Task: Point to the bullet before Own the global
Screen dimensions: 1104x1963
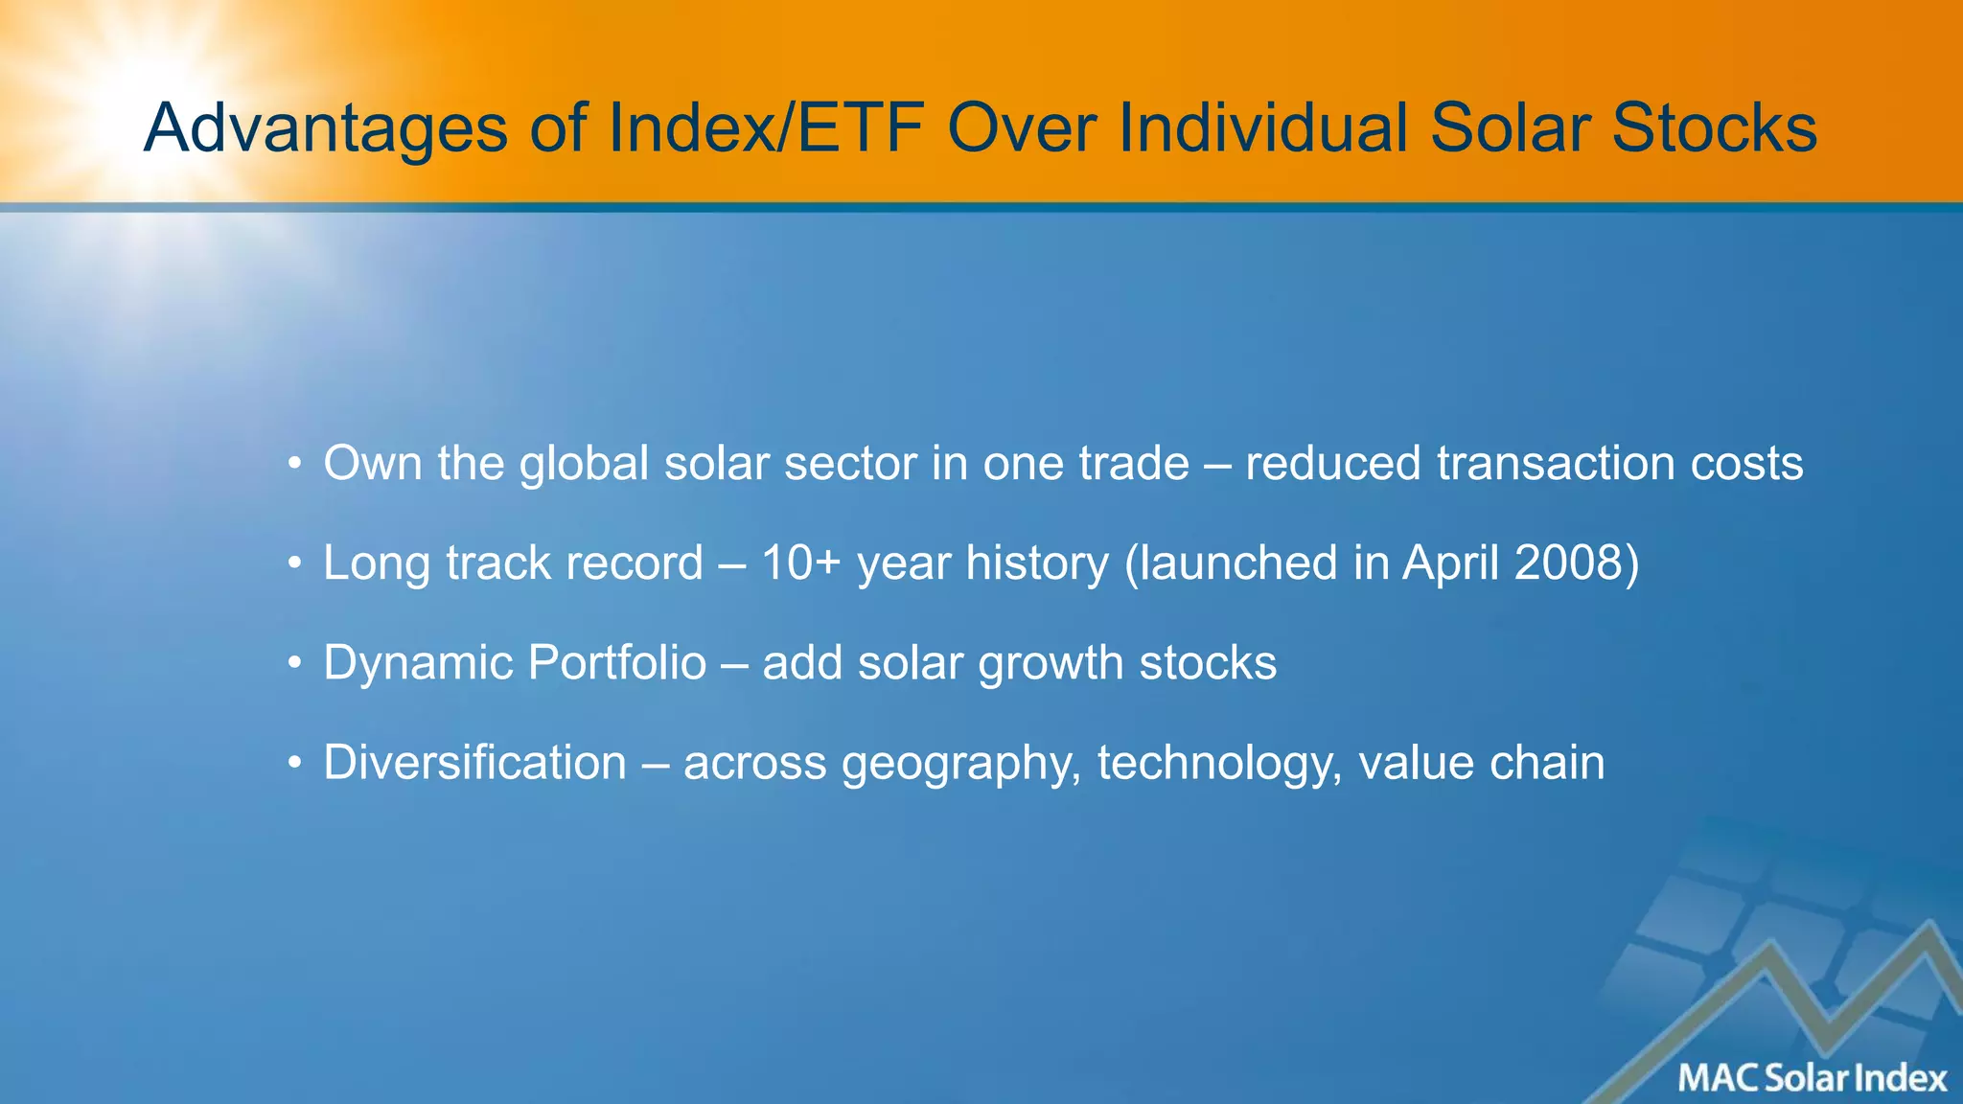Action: [x=295, y=466]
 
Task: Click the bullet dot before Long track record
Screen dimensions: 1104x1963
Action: [x=295, y=564]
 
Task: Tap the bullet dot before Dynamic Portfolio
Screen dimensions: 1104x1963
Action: [x=295, y=664]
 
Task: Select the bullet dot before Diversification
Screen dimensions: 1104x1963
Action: [x=295, y=764]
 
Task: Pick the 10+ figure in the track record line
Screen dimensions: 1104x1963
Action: [x=800, y=563]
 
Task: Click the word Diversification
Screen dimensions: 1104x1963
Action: [x=474, y=763]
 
